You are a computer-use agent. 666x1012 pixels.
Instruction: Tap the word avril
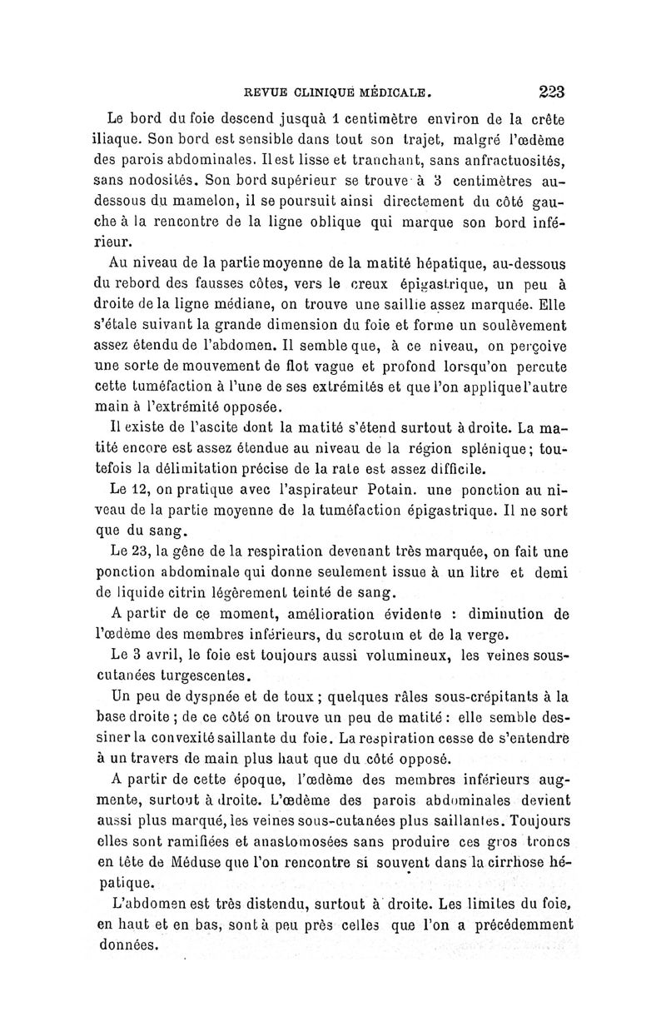pos(164,658)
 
